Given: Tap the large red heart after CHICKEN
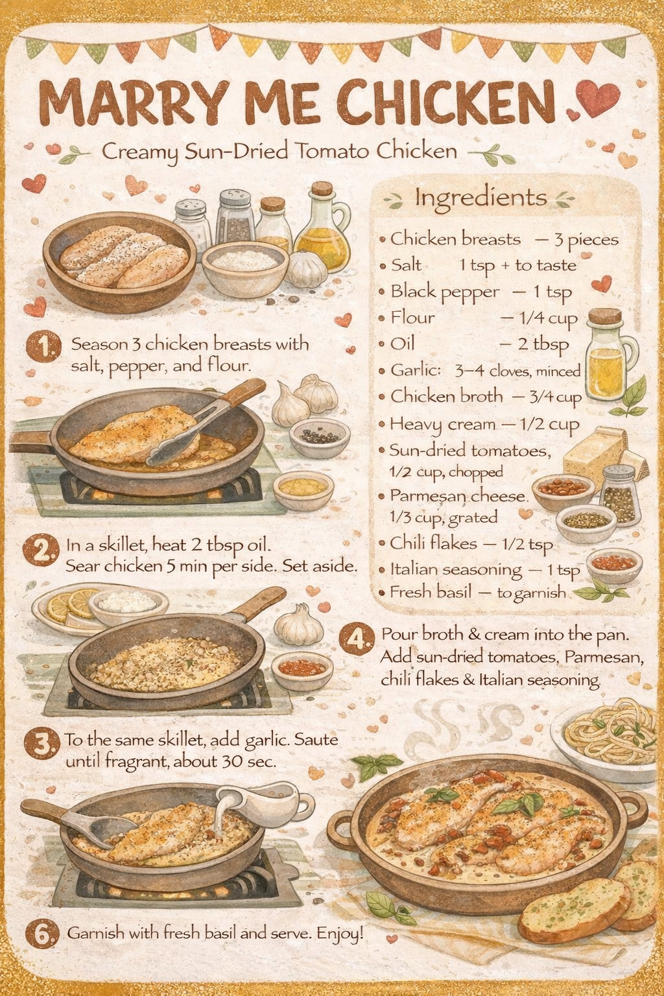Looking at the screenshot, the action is (597, 98).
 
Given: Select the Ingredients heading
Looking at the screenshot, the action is (480, 198).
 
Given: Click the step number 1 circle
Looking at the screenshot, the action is (43, 346).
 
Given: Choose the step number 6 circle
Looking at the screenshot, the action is (42, 933).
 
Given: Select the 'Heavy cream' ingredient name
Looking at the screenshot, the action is (442, 425).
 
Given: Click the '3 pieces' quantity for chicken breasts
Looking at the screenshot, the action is (586, 241).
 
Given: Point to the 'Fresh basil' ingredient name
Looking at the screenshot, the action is (430, 592).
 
